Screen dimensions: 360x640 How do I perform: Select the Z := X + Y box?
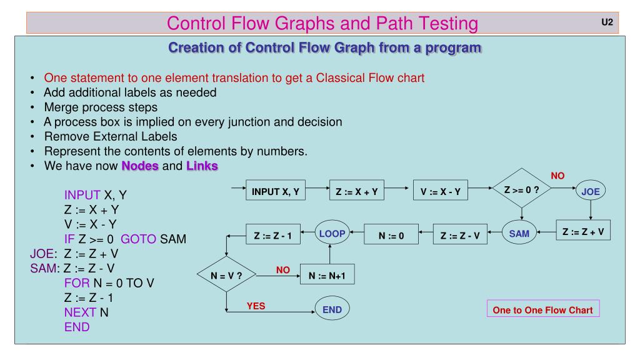pos(356,192)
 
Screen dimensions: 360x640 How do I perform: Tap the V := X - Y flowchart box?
pos(440,192)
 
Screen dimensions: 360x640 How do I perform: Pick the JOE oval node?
pos(591,192)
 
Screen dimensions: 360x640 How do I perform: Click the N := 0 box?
pos(392,236)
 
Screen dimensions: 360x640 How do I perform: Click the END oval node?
pos(332,309)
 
